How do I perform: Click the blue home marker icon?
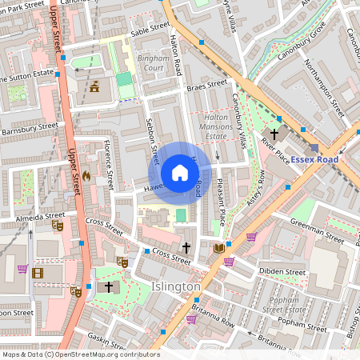pyautogui.click(x=180, y=173)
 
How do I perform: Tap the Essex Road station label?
pyautogui.click(x=314, y=159)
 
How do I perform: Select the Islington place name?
pyautogui.click(x=176, y=286)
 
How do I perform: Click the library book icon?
pyautogui.click(x=218, y=249)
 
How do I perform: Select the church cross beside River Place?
pyautogui.click(x=274, y=134)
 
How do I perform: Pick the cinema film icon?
pyautogui.click(x=38, y=274)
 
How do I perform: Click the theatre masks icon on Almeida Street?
pyautogui.click(x=57, y=226)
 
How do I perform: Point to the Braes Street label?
pyautogui.click(x=206, y=83)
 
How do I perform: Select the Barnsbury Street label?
pyautogui.click(x=30, y=126)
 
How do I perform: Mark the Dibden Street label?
pyautogui.click(x=283, y=272)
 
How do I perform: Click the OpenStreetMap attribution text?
pyautogui.click(x=80, y=354)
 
